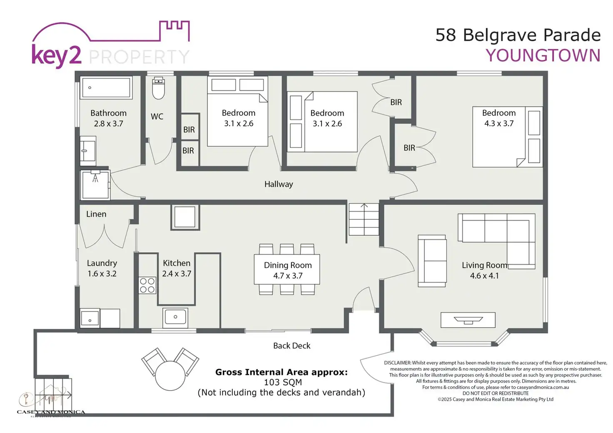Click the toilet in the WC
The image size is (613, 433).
158,88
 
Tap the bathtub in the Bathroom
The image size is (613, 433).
106,87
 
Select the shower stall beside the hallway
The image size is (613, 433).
95,185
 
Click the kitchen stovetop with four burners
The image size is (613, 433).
147,286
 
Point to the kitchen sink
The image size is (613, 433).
176,317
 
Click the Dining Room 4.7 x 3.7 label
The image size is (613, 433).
287,270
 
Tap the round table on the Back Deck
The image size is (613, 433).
170,376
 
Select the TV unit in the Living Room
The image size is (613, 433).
468,320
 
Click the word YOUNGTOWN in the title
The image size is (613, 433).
543,56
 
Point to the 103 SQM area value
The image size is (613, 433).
283,382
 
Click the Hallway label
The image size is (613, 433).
279,184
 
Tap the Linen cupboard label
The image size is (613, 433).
96,214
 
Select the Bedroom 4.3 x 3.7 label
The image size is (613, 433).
498,118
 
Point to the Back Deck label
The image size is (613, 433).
292,346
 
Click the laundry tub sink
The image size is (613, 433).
90,319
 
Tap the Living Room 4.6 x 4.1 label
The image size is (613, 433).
484,270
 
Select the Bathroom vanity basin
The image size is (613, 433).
88,150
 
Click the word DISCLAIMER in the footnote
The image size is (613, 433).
397,363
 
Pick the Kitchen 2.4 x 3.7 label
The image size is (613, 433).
177,268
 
